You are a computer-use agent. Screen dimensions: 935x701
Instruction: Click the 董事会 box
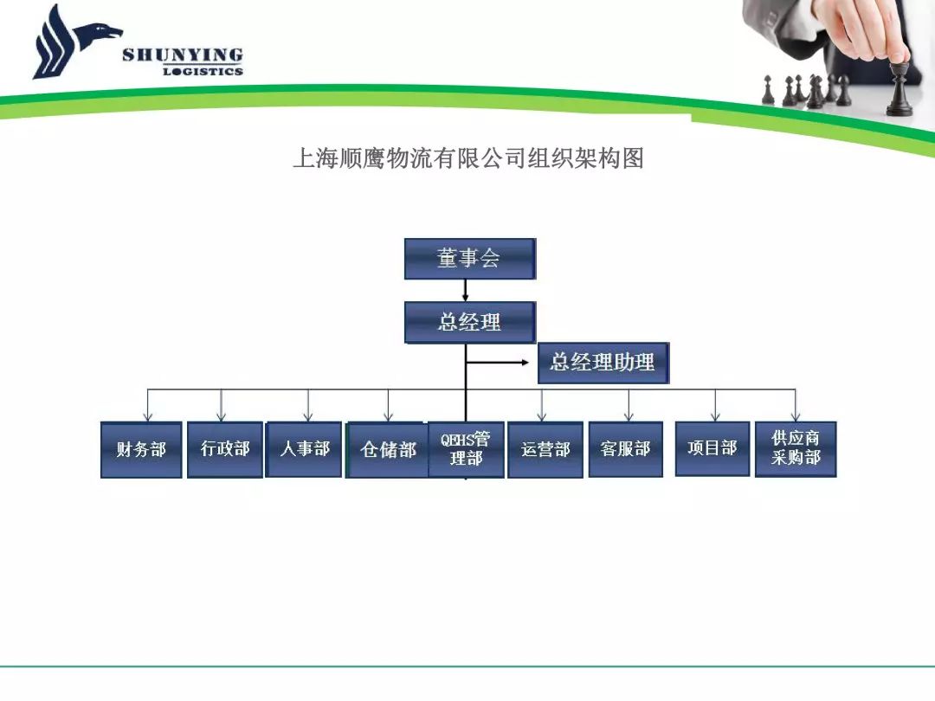(x=470, y=259)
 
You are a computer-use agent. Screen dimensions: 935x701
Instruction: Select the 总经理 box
(x=470, y=322)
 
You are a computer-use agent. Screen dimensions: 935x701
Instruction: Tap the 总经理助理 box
(x=603, y=363)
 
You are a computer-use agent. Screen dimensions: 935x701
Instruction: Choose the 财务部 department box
(x=141, y=449)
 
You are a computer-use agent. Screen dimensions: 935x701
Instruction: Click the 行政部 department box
(x=225, y=449)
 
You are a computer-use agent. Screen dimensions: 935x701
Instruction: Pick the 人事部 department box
(x=304, y=449)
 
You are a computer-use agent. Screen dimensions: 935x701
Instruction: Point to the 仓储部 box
(x=387, y=450)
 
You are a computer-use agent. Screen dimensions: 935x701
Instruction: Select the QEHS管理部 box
(x=467, y=449)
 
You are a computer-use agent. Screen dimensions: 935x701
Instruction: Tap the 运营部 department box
(x=545, y=449)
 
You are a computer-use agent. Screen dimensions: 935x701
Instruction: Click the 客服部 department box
(x=626, y=449)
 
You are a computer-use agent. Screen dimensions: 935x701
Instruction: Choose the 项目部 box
(x=712, y=449)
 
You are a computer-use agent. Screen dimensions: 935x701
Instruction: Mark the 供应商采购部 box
(x=796, y=449)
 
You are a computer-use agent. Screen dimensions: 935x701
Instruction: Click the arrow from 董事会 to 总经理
(x=465, y=290)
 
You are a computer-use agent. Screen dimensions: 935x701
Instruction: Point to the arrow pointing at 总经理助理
(x=497, y=362)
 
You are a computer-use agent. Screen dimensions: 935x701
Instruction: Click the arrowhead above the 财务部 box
(x=148, y=416)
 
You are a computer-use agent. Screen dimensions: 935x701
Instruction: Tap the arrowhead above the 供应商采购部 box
(x=795, y=416)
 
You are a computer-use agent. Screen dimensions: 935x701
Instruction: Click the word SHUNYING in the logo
(x=183, y=55)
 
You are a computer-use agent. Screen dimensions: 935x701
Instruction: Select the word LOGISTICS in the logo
(x=203, y=72)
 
